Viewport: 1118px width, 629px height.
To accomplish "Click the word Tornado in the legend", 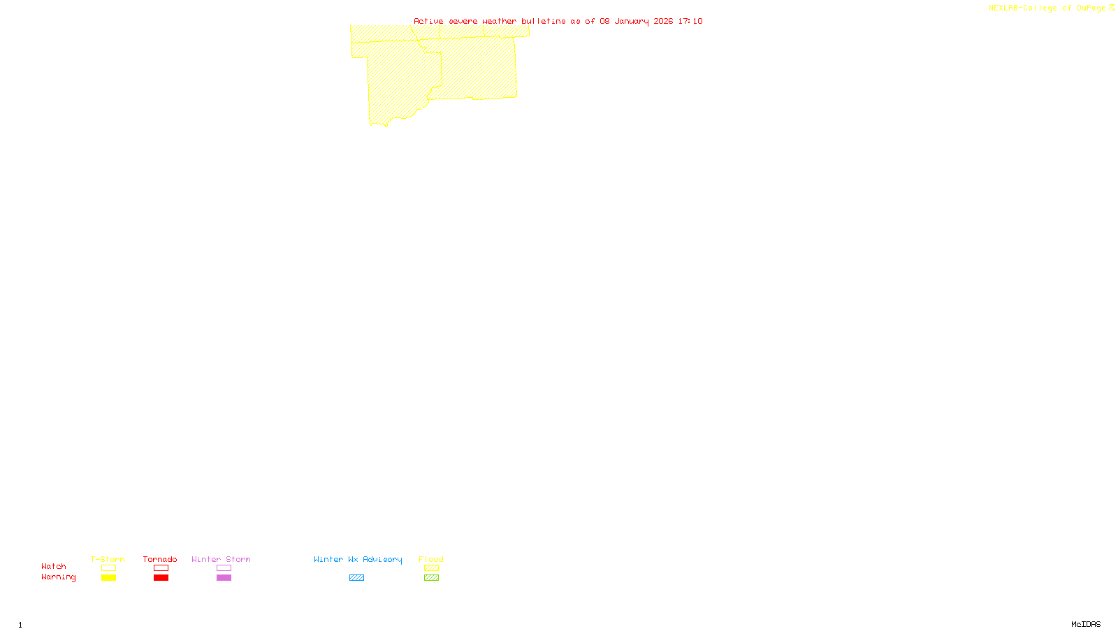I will (160, 559).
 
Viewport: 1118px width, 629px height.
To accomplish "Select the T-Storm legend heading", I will (108, 559).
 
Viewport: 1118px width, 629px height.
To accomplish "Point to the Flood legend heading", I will (431, 559).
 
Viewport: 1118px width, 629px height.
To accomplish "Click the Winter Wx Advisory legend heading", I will (358, 559).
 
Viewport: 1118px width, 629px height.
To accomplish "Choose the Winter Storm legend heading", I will (221, 559).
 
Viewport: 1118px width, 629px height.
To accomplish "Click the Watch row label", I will (54, 566).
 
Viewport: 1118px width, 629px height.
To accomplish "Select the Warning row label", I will (59, 577).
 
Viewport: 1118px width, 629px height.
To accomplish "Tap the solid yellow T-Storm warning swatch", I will (108, 578).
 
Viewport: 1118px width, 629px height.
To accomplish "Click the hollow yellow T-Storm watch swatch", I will (108, 568).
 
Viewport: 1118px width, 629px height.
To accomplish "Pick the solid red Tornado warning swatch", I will (161, 578).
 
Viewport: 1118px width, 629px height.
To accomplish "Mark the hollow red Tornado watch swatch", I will (161, 568).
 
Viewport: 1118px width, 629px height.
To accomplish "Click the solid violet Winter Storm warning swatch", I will (224, 578).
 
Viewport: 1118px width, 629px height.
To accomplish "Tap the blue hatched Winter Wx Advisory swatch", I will (356, 578).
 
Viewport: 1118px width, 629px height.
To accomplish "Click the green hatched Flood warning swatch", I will (432, 578).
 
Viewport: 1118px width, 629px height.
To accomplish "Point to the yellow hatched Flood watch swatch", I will (432, 568).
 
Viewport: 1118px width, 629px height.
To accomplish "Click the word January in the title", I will (632, 21).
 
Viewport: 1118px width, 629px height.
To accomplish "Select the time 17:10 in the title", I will (690, 21).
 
